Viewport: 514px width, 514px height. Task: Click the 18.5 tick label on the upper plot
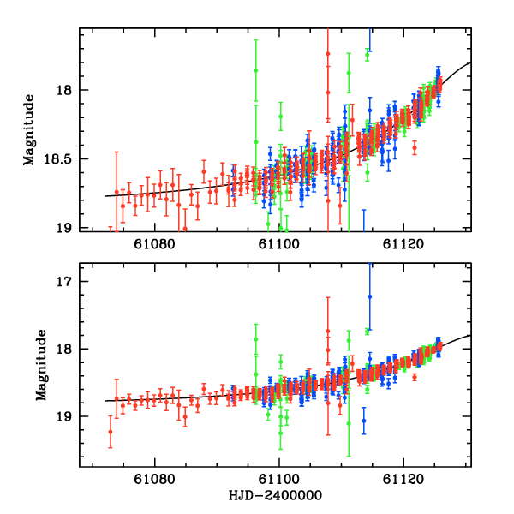(60, 159)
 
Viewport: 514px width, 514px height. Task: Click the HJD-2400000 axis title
(276, 496)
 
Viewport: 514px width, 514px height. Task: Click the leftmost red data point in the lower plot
(111, 432)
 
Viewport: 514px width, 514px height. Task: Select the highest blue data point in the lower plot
(370, 296)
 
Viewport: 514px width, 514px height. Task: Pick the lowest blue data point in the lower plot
(363, 421)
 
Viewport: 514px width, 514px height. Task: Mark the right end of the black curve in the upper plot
(470, 63)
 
